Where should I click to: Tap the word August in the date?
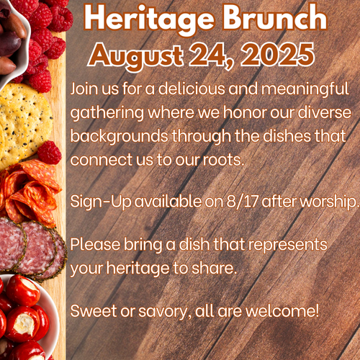136,56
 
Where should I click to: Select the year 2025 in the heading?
278,54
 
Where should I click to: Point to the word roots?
224,160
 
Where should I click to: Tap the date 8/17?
243,202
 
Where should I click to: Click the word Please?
95,245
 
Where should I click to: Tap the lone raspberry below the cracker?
49,153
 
